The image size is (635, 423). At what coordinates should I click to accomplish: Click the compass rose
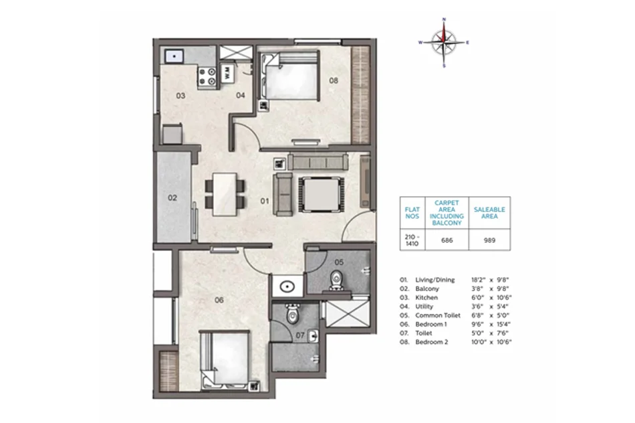(x=444, y=42)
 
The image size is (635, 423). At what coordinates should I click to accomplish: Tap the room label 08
(x=334, y=81)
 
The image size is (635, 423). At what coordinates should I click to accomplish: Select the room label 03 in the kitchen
(x=180, y=96)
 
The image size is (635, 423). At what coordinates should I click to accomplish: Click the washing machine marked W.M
(x=227, y=74)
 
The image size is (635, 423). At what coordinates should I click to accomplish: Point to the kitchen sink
(x=174, y=56)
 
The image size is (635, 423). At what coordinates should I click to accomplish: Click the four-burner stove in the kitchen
(x=207, y=77)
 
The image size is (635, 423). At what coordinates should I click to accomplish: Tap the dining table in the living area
(x=225, y=194)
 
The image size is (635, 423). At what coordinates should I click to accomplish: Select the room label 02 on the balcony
(x=172, y=198)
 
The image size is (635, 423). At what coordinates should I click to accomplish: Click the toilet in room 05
(x=336, y=280)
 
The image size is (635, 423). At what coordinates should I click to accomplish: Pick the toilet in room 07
(x=292, y=314)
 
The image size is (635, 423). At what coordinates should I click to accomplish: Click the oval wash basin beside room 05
(x=287, y=286)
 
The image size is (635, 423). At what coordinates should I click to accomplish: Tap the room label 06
(x=219, y=300)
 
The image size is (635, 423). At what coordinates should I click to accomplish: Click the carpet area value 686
(x=447, y=240)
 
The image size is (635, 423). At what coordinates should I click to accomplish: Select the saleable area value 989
(x=489, y=240)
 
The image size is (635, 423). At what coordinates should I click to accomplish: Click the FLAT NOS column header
(x=412, y=213)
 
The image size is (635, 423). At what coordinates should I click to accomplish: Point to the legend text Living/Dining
(x=435, y=280)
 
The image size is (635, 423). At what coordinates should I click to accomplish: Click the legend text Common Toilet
(x=438, y=315)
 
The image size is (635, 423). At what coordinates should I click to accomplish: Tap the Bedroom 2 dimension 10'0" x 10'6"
(x=491, y=342)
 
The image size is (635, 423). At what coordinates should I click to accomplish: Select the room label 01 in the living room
(x=265, y=201)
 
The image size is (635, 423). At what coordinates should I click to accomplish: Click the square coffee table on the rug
(x=322, y=194)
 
